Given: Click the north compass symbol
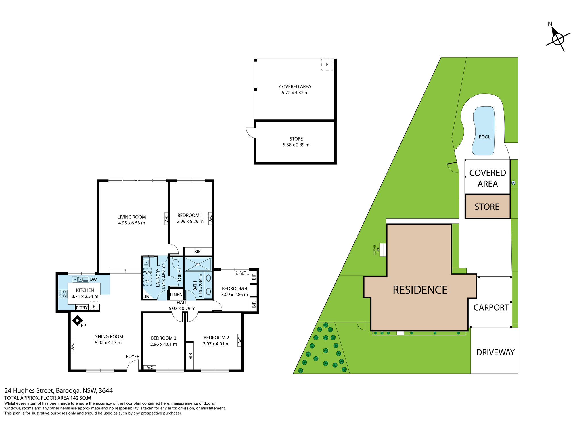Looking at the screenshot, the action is tap(558, 39).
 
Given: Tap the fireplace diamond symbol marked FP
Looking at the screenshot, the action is tap(77, 320).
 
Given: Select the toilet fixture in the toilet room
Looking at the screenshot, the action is tap(176, 262).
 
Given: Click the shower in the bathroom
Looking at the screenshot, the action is tap(198, 264).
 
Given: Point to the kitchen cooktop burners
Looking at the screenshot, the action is tap(63, 294).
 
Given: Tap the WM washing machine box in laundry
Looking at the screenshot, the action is tap(147, 272).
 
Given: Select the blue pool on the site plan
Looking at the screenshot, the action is tap(484, 131).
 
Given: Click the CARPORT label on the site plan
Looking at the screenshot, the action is tap(491, 307).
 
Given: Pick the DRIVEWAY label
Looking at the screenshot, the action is tap(495, 352).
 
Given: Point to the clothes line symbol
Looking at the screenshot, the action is tap(382, 250).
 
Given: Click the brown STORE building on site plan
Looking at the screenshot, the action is tap(488, 206).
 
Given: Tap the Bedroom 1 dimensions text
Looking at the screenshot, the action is tap(190, 222).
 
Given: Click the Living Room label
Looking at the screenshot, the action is tap(132, 217).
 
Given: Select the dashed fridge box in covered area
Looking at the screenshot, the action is tap(327, 65).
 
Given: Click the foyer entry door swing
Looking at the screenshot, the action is tap(133, 365).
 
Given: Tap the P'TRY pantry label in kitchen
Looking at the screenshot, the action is tap(82, 308).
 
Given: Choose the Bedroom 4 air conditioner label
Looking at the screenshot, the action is tap(242, 273).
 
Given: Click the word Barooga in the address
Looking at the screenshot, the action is tap(68, 391).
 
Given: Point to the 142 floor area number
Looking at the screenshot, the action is tap(74, 398).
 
